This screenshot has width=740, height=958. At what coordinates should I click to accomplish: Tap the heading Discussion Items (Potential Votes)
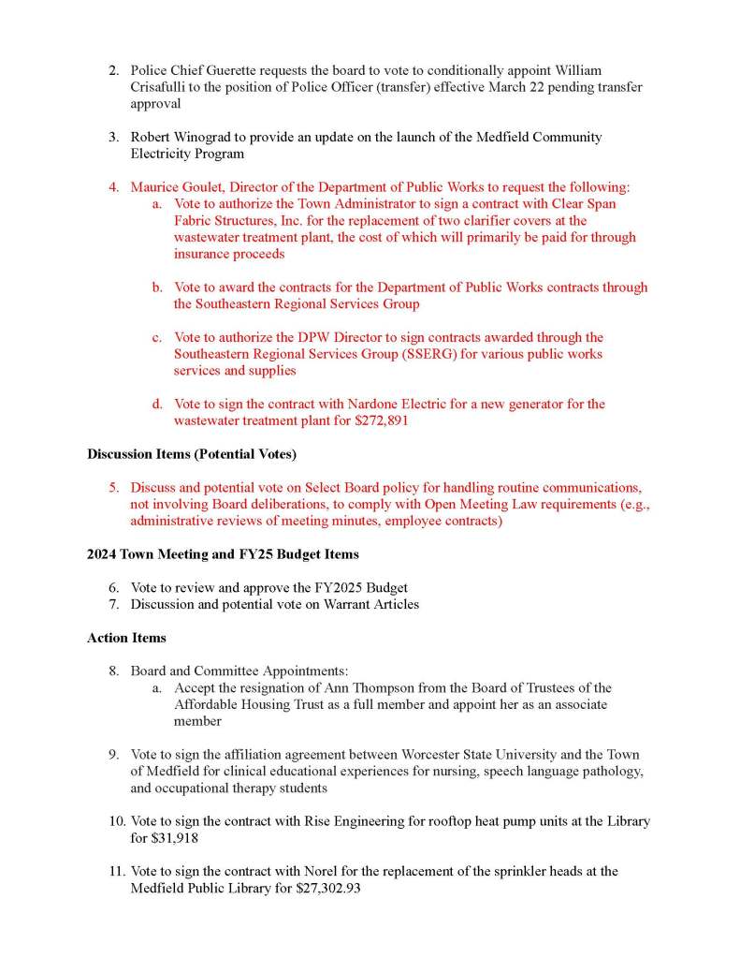pyautogui.click(x=192, y=454)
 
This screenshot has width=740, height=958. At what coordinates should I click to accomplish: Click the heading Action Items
pyautogui.click(x=126, y=638)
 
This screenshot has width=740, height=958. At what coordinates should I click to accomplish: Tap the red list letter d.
pyautogui.click(x=158, y=405)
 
